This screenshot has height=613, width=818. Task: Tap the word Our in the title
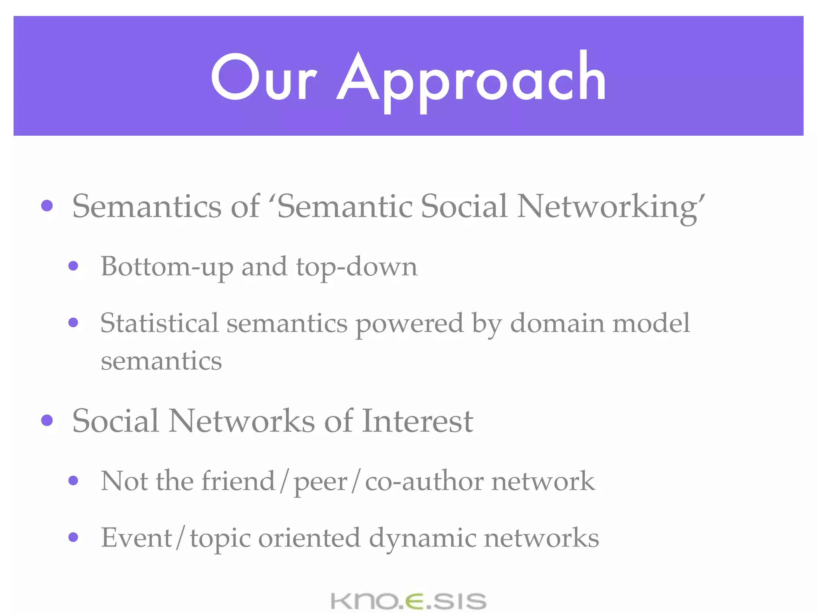[x=264, y=78]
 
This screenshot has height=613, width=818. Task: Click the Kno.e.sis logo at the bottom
[x=409, y=601]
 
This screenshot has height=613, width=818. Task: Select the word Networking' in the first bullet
[x=611, y=207]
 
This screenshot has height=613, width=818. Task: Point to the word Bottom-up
[x=167, y=267]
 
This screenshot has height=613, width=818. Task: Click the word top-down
[x=356, y=267]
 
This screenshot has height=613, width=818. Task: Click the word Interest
[x=417, y=421]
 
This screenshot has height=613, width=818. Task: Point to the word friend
[x=238, y=481]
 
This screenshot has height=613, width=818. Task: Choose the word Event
[x=136, y=537]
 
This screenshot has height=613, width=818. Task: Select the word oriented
[x=310, y=537]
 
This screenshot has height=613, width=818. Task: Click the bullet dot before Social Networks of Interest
[x=47, y=420]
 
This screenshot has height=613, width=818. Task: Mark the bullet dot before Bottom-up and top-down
[x=73, y=266]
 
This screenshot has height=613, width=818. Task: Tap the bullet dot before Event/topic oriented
[x=73, y=537]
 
